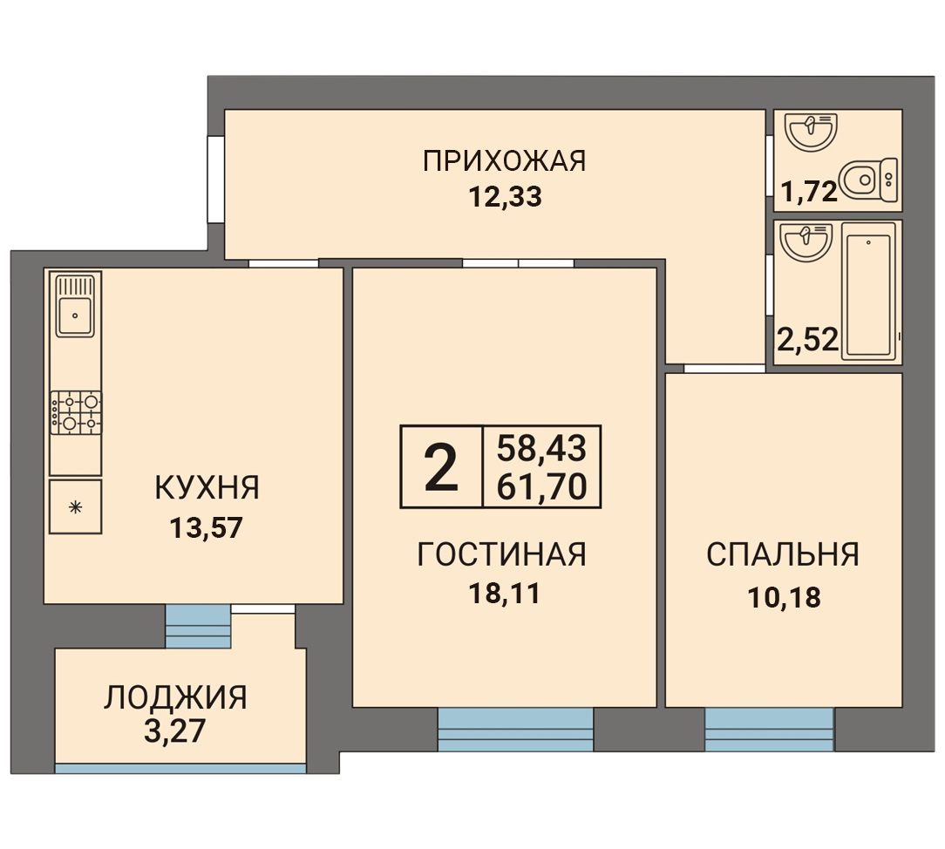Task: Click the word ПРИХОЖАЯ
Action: pos(504,161)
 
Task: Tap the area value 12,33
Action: pos(505,197)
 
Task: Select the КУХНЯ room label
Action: pos(207,487)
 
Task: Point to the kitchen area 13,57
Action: pos(206,528)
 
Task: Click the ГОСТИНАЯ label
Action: pos(501,554)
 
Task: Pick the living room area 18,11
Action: pos(505,594)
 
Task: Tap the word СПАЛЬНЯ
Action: pos(783,554)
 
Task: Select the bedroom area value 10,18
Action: pos(784,598)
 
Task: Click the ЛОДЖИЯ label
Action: pos(175,697)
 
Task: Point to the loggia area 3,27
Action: pos(174,731)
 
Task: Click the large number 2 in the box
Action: pos(442,467)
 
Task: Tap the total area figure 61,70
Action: pos(541,487)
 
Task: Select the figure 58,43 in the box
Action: pos(541,448)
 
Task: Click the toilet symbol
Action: pos(868,180)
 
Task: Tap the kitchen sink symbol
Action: pos(75,306)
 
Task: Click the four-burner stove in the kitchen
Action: pos(76,413)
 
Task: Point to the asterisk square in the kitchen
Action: pos(75,506)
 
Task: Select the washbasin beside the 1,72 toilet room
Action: pos(812,132)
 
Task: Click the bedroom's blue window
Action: pos(769,729)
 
